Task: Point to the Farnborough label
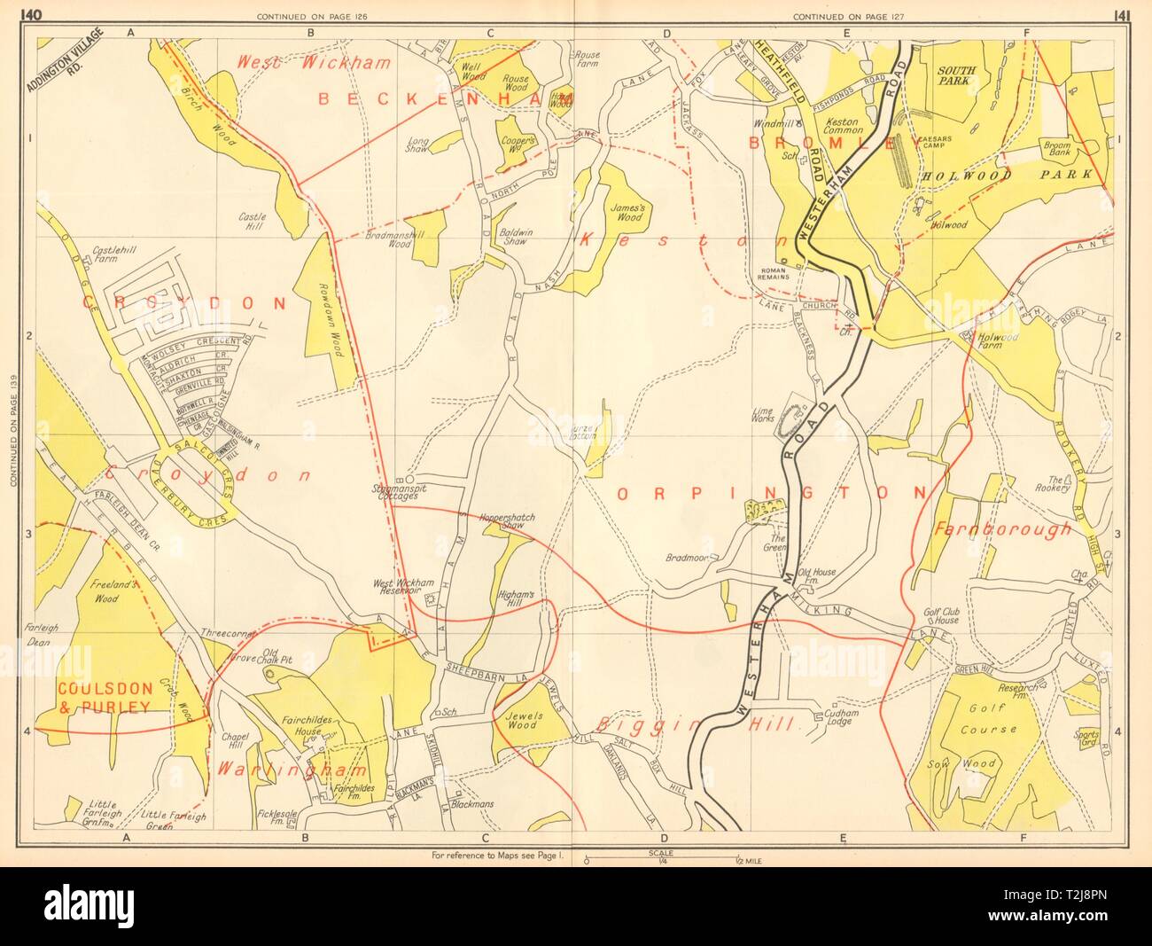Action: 1001,529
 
